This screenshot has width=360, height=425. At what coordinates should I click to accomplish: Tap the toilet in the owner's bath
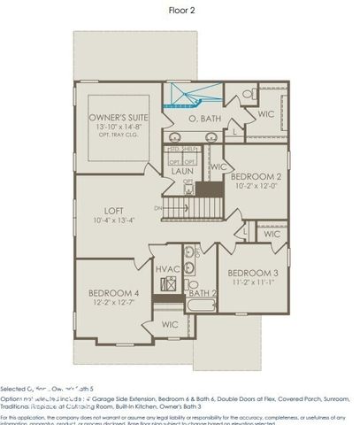coord(248,95)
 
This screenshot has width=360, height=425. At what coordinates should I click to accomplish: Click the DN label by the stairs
coord(157,208)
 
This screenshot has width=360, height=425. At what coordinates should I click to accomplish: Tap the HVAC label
coord(168,268)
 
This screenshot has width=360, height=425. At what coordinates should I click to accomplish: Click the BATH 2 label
coord(203,292)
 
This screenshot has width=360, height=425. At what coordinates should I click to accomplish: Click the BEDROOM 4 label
coord(113,293)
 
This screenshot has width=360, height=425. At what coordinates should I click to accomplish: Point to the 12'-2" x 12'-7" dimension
coord(113,304)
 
